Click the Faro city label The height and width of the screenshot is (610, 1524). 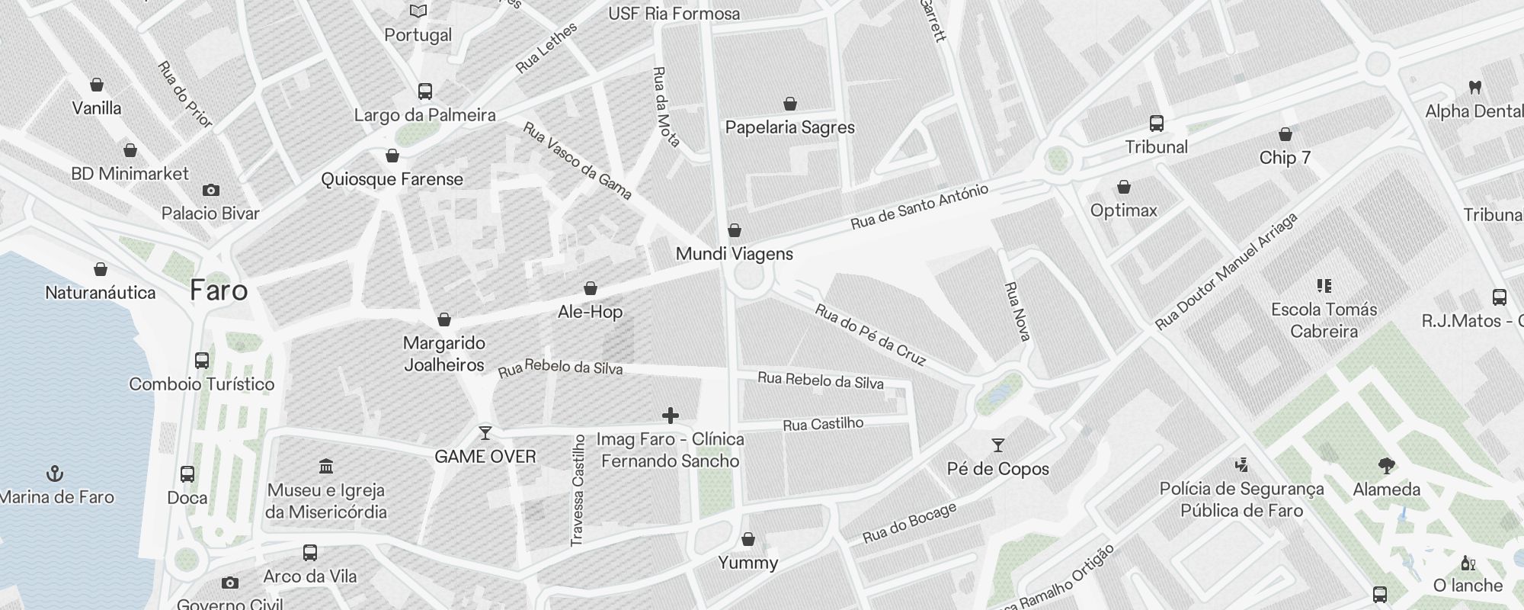pyautogui.click(x=219, y=291)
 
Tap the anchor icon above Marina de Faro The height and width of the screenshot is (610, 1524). pyautogui.click(x=55, y=474)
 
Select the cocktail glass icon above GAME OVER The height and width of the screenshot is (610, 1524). pyautogui.click(x=485, y=433)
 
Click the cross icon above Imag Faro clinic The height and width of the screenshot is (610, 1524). pyautogui.click(x=671, y=416)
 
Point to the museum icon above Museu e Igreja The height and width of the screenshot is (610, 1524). pyautogui.click(x=326, y=466)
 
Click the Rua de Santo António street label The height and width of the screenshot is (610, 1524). pyautogui.click(x=920, y=206)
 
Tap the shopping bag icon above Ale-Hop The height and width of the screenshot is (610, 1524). pyautogui.click(x=590, y=288)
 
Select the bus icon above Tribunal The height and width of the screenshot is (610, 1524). pyautogui.click(x=1156, y=123)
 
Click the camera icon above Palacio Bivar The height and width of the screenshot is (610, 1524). pyautogui.click(x=211, y=190)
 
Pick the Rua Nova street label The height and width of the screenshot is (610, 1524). pyautogui.click(x=1017, y=311)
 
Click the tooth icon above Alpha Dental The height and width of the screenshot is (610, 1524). pyautogui.click(x=1474, y=87)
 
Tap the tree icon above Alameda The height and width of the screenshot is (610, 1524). pyautogui.click(x=1386, y=465)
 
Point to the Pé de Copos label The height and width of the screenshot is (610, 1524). pyautogui.click(x=997, y=469)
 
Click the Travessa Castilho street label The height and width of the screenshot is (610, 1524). pyautogui.click(x=578, y=490)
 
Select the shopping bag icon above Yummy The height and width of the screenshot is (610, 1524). pyautogui.click(x=748, y=539)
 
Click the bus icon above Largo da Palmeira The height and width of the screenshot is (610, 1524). pyautogui.click(x=425, y=91)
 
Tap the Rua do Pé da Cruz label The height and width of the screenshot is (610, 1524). pyautogui.click(x=870, y=335)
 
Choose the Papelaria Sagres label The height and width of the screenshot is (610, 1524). pyautogui.click(x=789, y=127)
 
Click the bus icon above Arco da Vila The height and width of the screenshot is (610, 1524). pyautogui.click(x=309, y=552)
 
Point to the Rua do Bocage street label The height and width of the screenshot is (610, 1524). pyautogui.click(x=909, y=523)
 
